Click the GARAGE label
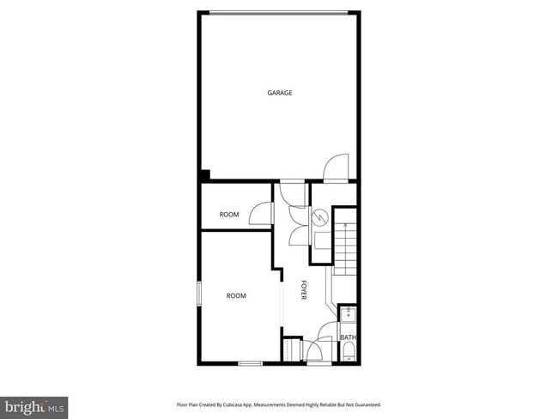pyautogui.click(x=280, y=93)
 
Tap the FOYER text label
pyautogui.click(x=304, y=289)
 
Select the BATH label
pyautogui.click(x=348, y=337)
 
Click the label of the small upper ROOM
pyautogui.click(x=229, y=215)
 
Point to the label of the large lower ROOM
pyautogui.click(x=236, y=295)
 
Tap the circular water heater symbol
pyautogui.click(x=319, y=218)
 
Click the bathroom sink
pyautogui.click(x=347, y=314)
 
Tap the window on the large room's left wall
pyautogui.click(x=199, y=293)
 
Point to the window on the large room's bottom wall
pyautogui.click(x=250, y=363)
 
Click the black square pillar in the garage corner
pyautogui.click(x=204, y=175)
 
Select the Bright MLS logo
pyautogui.click(x=33, y=405)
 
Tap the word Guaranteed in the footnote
pyautogui.click(x=365, y=404)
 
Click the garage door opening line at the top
pyautogui.click(x=279, y=12)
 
